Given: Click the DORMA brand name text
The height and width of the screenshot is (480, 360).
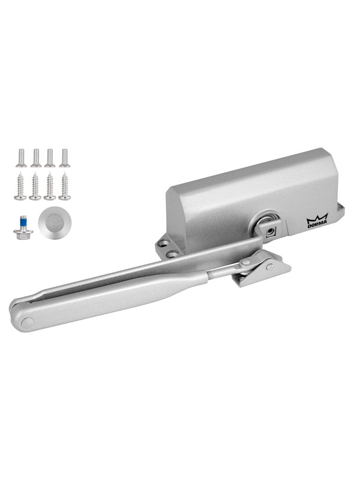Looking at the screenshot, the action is click(x=317, y=222).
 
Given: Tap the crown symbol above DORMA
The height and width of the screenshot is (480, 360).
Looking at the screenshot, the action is click(x=317, y=216).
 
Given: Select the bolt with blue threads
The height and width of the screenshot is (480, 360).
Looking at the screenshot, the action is click(x=23, y=227).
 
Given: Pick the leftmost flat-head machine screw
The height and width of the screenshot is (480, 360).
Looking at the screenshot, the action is click(x=22, y=158).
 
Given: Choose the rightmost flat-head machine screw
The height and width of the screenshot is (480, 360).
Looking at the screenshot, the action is click(x=65, y=158).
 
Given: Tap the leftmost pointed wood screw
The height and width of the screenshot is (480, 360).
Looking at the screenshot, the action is click(x=20, y=186).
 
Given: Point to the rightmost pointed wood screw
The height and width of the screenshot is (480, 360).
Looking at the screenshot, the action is click(x=65, y=186).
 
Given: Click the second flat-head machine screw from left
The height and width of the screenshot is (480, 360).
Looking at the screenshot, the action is click(x=36, y=158).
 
